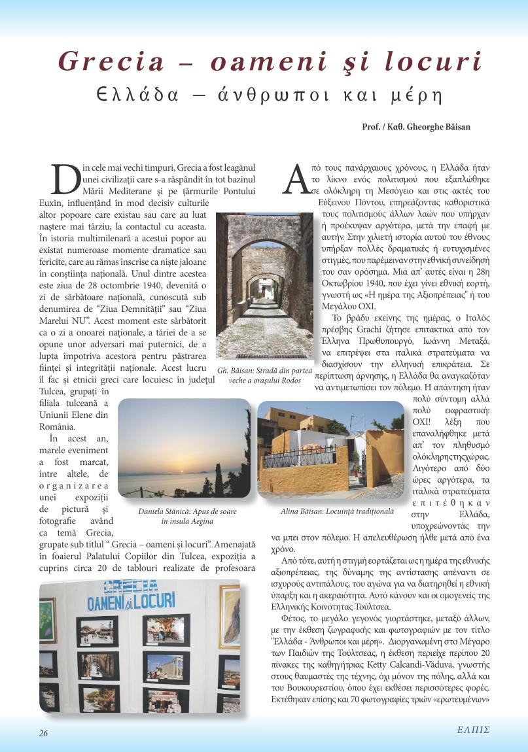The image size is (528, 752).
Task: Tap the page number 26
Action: pyautogui.click(x=43, y=732)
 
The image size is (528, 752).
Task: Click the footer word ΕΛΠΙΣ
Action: pyautogui.click(x=473, y=730)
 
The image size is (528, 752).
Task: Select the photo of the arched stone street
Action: pyautogui.click(x=264, y=285)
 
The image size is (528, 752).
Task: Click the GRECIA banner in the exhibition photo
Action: pyautogui.click(x=131, y=585)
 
